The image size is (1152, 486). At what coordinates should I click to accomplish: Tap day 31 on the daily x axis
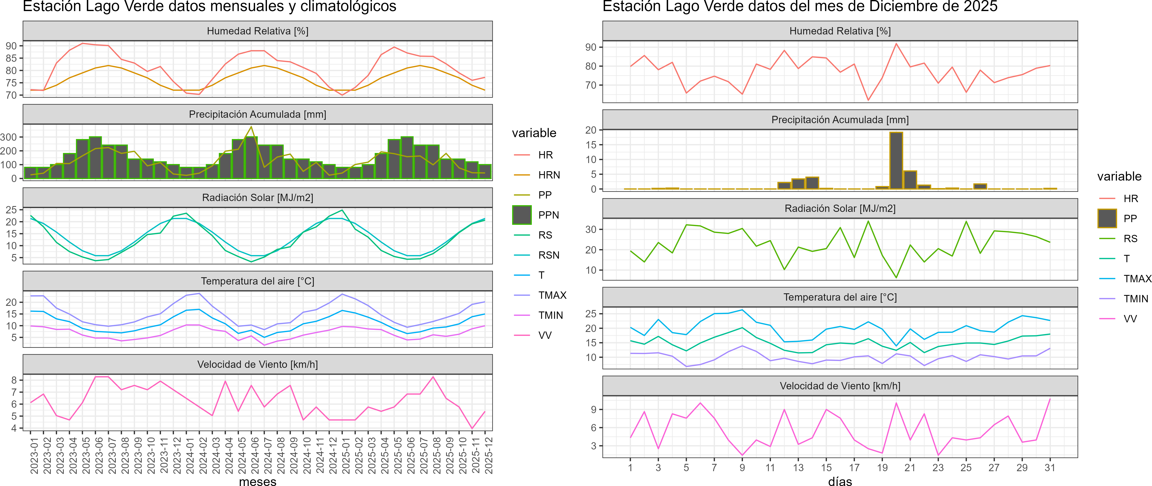pyautogui.click(x=1050, y=468)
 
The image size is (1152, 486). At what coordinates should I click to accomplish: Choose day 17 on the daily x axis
pyautogui.click(x=854, y=468)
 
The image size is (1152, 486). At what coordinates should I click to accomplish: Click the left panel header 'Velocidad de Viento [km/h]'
pyautogui.click(x=258, y=364)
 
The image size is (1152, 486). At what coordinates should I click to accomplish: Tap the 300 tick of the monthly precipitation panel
pyautogui.click(x=9, y=137)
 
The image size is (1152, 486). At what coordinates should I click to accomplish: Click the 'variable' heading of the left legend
pyautogui.click(x=534, y=133)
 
